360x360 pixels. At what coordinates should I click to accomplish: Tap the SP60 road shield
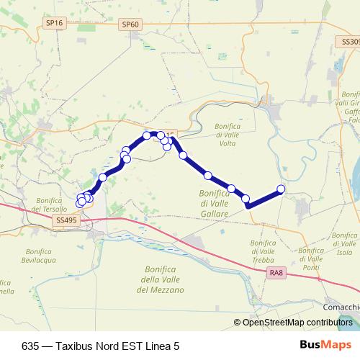pyautogui.click(x=130, y=24)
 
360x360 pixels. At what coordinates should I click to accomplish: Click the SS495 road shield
pyautogui.click(x=66, y=220)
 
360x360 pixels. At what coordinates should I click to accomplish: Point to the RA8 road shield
pyautogui.click(x=275, y=272)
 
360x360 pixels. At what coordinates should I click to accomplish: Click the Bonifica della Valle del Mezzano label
pyautogui.click(x=160, y=279)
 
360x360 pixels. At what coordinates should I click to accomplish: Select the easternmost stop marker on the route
pyautogui.click(x=281, y=189)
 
